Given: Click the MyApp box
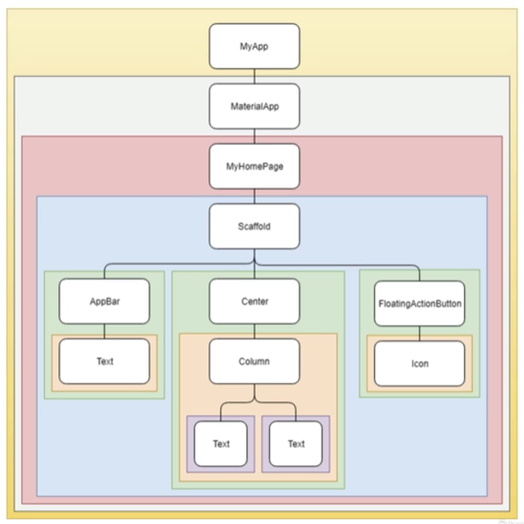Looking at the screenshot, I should point(254,46).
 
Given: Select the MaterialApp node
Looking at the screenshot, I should point(254,106).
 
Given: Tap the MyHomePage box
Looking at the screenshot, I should point(254,166).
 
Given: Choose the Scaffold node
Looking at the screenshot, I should point(254,226).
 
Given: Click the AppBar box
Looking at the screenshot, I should point(105,302).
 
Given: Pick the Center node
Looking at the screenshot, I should point(254,302).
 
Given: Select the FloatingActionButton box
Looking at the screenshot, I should point(419,304).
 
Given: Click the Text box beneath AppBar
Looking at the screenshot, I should point(105,362).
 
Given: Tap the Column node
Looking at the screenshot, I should point(254,361).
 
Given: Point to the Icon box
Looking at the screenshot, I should point(419,363).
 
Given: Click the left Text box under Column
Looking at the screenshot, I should point(221,444).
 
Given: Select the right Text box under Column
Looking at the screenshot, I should point(296,444).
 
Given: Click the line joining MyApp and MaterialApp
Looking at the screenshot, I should point(254,76).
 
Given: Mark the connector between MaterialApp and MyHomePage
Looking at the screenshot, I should point(254,136).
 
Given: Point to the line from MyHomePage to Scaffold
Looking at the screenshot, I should point(254,196).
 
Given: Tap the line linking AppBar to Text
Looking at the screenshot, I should point(105,332).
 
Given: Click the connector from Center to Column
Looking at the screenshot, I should point(254,331).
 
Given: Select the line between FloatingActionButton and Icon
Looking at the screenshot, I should point(419,333).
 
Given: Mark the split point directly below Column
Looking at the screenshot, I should point(254,401).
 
